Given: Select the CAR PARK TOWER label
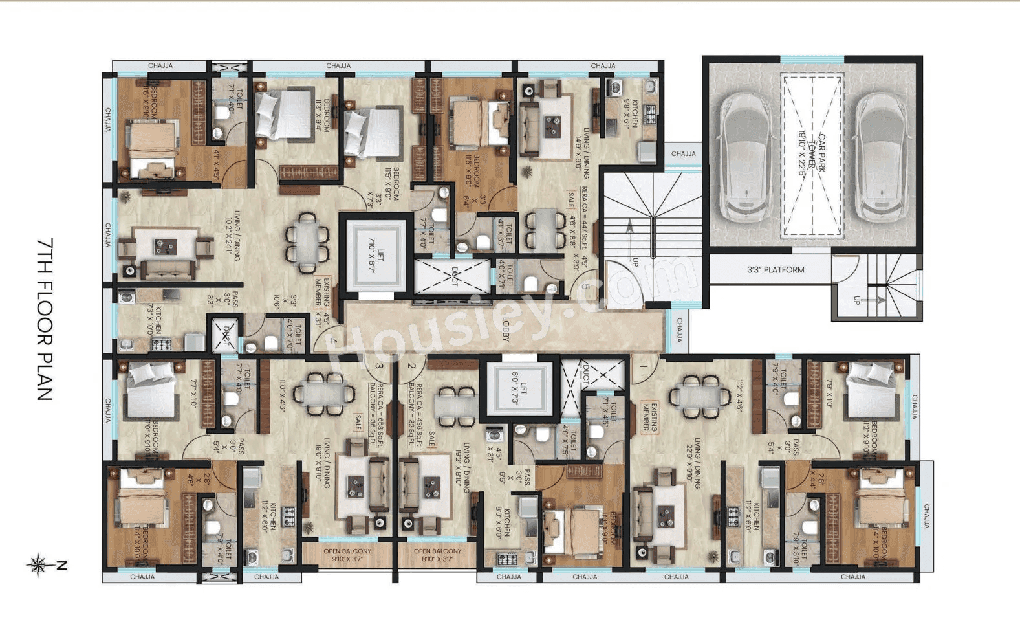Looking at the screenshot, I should coord(812,155).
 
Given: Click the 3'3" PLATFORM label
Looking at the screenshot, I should coord(776,270).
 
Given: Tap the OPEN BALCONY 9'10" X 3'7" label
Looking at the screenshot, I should coord(347,555).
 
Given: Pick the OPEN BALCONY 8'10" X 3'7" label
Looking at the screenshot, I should coord(437,555).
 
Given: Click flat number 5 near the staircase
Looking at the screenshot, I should coord(586,287).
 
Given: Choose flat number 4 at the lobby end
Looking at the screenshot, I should coord(333,340).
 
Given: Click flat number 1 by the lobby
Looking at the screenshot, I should coord(644,366).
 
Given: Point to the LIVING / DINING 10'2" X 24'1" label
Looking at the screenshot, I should coord(233,236).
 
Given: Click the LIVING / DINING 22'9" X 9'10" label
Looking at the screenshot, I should coord(693,461).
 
